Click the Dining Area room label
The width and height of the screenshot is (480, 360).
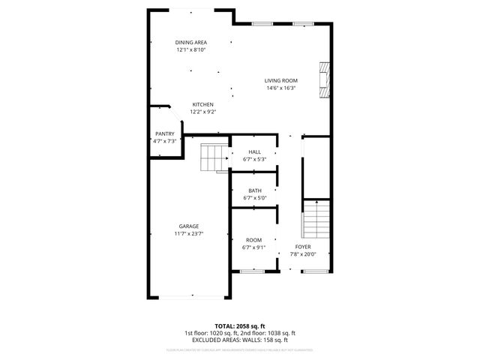(x=191, y=42)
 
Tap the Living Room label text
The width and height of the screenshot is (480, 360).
(x=281, y=80)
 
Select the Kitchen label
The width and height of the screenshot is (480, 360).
(x=203, y=104)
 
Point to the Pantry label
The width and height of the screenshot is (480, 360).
(x=165, y=133)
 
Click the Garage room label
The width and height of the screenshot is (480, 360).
(x=189, y=226)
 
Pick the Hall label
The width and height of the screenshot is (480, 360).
(x=255, y=151)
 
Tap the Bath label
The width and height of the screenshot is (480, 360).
(x=255, y=190)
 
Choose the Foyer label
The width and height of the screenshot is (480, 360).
(x=303, y=246)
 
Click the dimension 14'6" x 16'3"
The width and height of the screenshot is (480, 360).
(x=281, y=88)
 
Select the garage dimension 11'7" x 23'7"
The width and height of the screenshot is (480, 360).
(x=189, y=233)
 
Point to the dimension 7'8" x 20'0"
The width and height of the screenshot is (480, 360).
(x=303, y=253)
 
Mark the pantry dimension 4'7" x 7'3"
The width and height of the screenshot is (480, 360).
(x=165, y=141)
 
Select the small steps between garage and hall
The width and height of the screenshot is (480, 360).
(x=214, y=157)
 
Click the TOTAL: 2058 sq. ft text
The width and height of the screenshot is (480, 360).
(x=240, y=326)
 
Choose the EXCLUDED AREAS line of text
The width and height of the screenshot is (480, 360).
(x=240, y=340)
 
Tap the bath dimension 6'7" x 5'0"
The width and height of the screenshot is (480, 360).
(x=255, y=198)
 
